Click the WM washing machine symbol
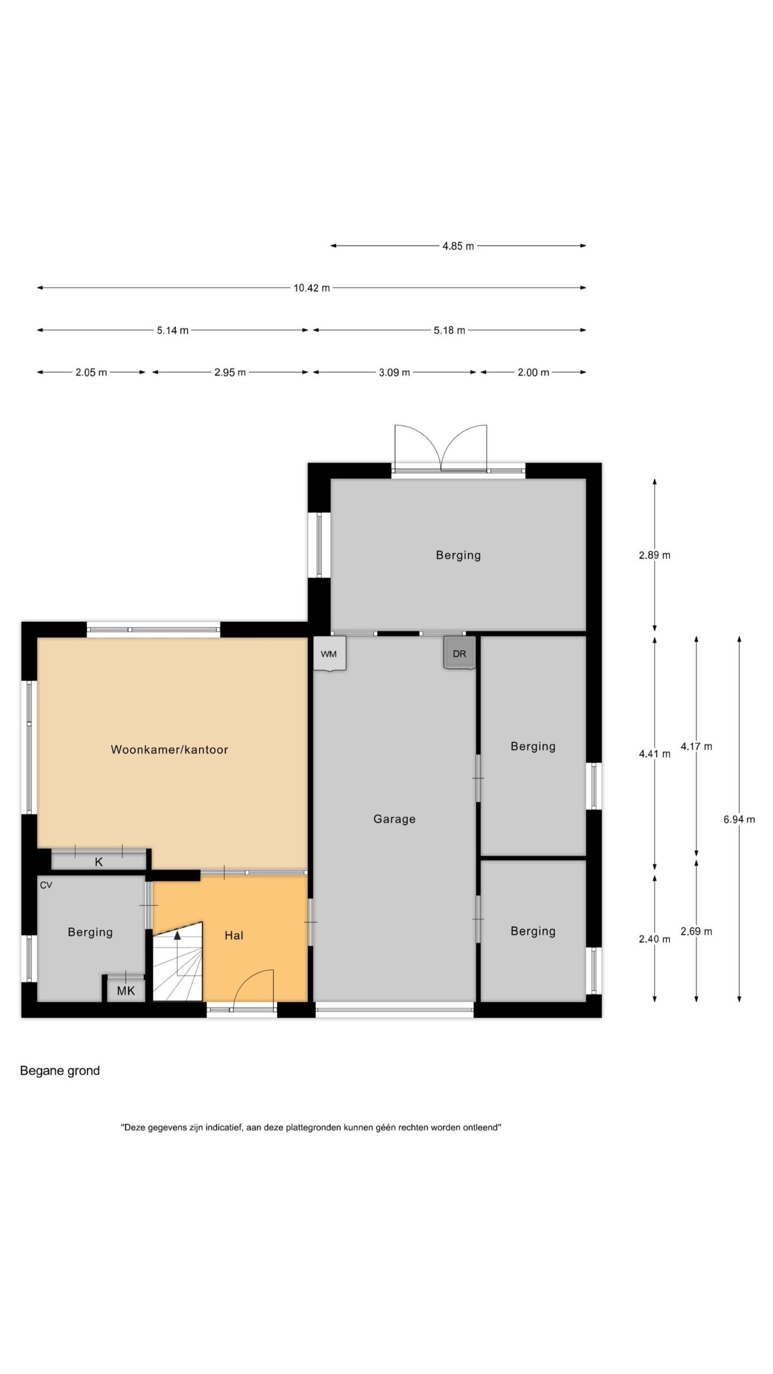(329, 653)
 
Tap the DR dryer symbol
(460, 653)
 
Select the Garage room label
(395, 819)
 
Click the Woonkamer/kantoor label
(170, 750)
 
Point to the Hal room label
(234, 936)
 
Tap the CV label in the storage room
(46, 885)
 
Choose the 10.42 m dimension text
(311, 288)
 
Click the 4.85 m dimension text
(458, 246)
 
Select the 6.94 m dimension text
(739, 819)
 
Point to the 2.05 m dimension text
(91, 372)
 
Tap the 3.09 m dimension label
(395, 372)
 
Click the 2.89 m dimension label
(654, 555)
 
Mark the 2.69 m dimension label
(696, 931)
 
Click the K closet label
(99, 862)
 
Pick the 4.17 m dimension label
(696, 746)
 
